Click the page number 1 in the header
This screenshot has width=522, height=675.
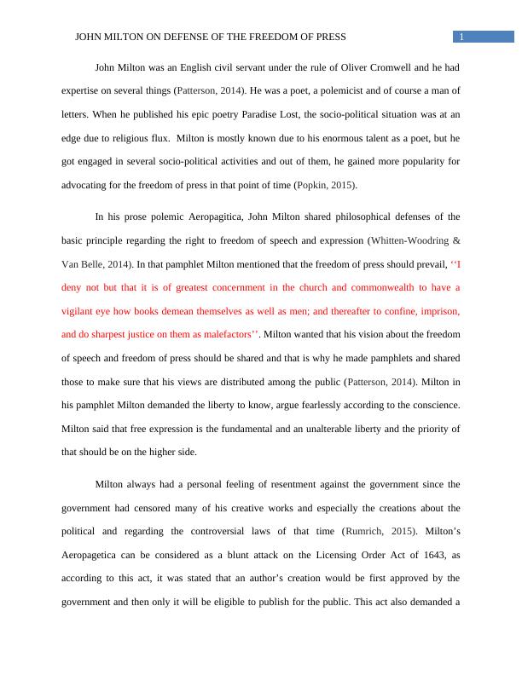(x=461, y=37)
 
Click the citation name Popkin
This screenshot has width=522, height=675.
(x=312, y=185)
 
